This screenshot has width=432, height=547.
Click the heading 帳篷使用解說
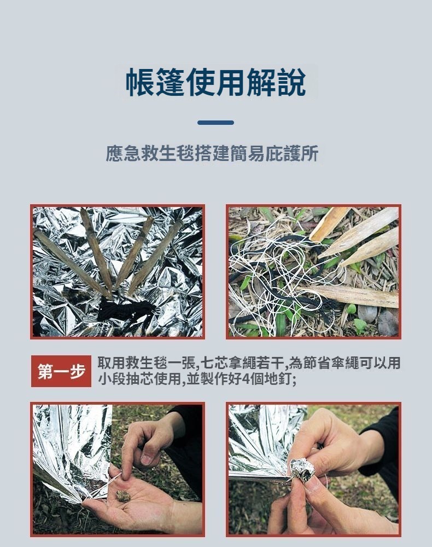[215, 82]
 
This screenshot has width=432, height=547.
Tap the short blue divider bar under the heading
[215, 123]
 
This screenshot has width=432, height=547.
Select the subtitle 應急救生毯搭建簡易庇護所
[212, 153]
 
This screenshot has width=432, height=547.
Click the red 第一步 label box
[61, 371]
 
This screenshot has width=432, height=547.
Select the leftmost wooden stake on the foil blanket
[72, 262]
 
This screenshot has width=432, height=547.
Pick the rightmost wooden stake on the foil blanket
[156, 256]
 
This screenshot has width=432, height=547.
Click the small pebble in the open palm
[123, 496]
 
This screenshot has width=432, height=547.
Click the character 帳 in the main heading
[140, 82]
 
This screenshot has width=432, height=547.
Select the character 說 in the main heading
[291, 82]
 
